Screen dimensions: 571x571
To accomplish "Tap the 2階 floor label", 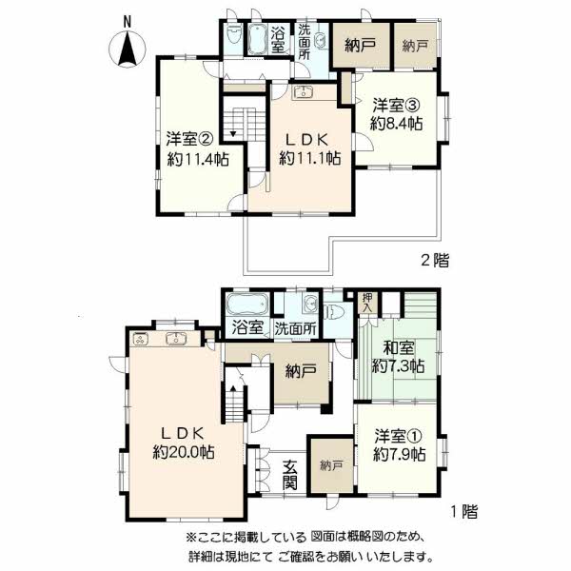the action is pos(435,260).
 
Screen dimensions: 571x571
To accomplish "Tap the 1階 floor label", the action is pos(464,512).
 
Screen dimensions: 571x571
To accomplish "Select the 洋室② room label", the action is pos(189,138).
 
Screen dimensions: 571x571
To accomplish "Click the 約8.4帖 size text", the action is pos(396,124).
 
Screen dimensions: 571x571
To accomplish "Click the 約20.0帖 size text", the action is pos(183,452).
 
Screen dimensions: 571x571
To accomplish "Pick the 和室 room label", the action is pos(399,347).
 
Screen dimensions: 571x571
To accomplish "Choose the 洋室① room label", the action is pos(399,435).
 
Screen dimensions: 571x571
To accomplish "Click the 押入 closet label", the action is pos(367,303).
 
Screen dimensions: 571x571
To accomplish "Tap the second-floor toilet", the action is pos(232,36).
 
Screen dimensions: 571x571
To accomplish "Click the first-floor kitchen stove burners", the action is pos(140,340).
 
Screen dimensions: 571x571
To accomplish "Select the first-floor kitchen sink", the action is pos(176,339).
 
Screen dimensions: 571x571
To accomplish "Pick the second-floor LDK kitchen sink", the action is pos(303,92).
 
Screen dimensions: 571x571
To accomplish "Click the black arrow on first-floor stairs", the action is pos(233,389).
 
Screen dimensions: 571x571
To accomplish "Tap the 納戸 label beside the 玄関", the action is pos(331,465).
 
